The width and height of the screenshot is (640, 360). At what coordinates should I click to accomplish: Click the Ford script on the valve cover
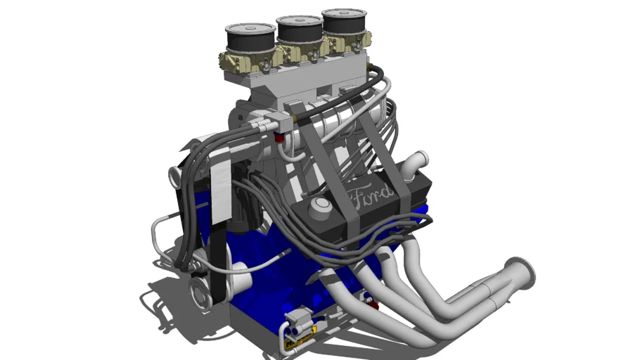[372, 195]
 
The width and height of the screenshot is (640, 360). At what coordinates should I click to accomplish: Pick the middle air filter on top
[300, 29]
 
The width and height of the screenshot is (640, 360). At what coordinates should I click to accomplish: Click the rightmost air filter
[344, 21]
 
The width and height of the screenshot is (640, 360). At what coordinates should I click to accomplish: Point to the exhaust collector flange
[520, 274]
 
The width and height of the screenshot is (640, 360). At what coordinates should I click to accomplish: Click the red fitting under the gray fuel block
[279, 138]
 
